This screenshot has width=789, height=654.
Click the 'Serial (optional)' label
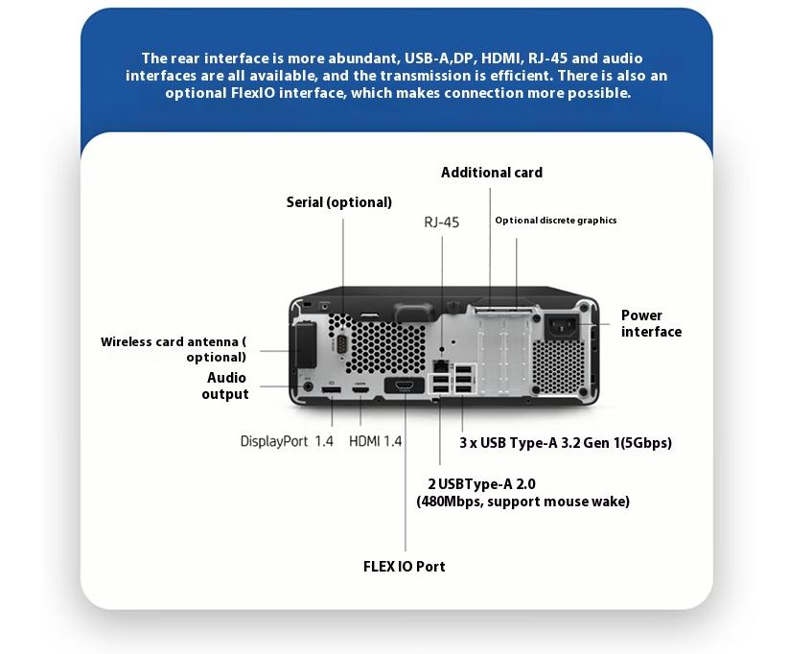(x=339, y=202)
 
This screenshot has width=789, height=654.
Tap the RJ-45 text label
(x=442, y=222)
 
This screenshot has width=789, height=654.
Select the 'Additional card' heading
(x=492, y=173)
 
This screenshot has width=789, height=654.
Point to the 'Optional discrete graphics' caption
(x=556, y=221)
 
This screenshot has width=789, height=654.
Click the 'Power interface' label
(x=651, y=323)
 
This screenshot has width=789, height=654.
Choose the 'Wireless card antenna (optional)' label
(x=174, y=349)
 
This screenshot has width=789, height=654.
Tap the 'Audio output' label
(x=225, y=385)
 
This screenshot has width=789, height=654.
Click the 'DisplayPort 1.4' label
(x=287, y=442)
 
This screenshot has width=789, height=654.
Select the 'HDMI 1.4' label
(x=376, y=442)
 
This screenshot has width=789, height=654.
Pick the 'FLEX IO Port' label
(x=404, y=566)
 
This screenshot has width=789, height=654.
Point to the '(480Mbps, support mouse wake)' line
(x=522, y=501)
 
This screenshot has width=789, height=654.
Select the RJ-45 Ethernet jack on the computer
(x=440, y=365)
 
